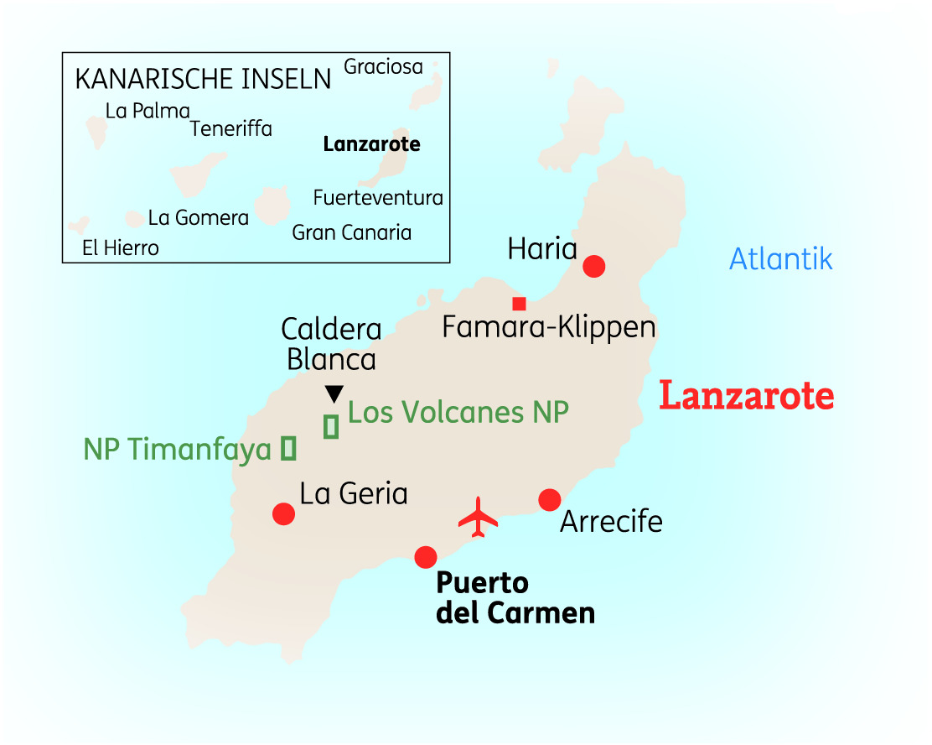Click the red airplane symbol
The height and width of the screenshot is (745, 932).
[x=479, y=517]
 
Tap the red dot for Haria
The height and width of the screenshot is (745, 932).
[x=594, y=266]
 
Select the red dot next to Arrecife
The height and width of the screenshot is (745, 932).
[x=549, y=500]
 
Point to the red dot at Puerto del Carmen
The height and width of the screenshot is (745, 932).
[x=426, y=556]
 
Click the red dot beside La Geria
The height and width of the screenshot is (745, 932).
[x=284, y=513]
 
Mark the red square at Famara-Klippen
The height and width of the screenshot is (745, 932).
[x=519, y=304]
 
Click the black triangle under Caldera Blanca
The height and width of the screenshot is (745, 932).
[x=334, y=393]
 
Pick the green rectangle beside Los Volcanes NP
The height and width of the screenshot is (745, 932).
[x=331, y=426]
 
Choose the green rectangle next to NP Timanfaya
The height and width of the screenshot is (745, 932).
[x=289, y=449]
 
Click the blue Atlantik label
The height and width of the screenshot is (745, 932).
[x=781, y=259]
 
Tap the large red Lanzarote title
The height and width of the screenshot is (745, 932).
[x=746, y=396]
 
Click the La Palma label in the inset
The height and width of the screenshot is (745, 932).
[x=148, y=111]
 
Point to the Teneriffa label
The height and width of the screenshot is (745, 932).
[x=231, y=129]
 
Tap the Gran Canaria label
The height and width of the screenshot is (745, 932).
[x=352, y=232]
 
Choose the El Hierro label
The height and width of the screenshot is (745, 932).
[x=121, y=247]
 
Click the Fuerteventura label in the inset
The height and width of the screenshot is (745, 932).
[x=378, y=198]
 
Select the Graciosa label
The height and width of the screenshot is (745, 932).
[x=383, y=67]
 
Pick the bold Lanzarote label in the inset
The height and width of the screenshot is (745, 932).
[x=372, y=144]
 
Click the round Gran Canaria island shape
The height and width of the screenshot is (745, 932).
[x=272, y=206]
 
